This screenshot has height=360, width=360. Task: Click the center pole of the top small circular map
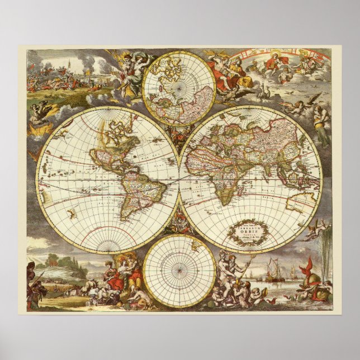[179, 88]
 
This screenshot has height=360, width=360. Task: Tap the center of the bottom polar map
[179, 271]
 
